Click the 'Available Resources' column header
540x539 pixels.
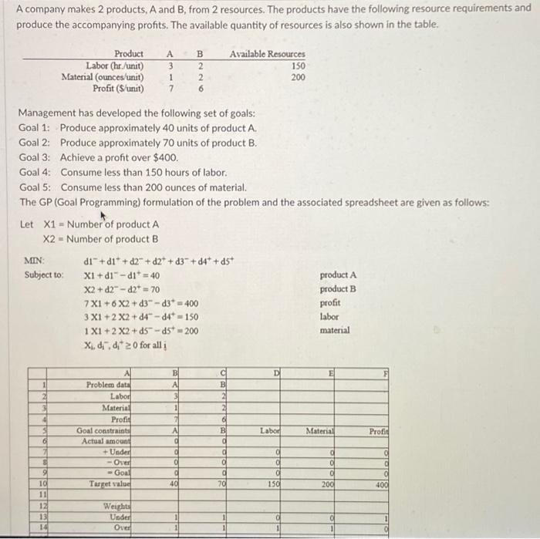coord(267,54)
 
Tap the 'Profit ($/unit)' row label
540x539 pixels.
coord(118,89)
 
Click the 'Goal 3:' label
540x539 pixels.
coord(35,157)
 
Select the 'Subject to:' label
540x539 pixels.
coord(44,275)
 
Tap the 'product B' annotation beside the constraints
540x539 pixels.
coord(338,288)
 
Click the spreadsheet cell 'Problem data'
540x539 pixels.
coord(108,384)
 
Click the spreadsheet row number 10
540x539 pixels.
coord(24,483)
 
